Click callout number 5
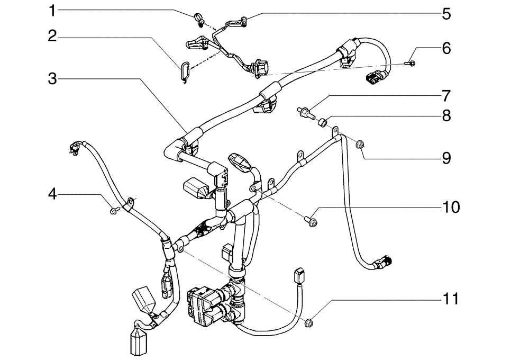pos(446,14)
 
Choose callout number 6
pos(446,49)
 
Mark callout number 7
pos(446,96)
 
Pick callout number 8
pos(446,116)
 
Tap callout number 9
pos(446,158)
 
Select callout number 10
pos(452,206)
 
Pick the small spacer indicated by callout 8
pos(321,123)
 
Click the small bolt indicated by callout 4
pos(113,212)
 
